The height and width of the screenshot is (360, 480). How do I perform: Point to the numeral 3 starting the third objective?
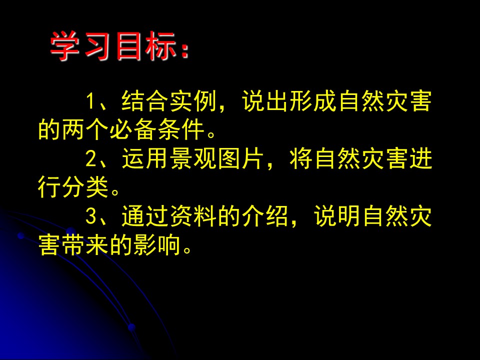(x=90, y=216)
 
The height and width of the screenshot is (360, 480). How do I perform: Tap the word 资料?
(x=193, y=216)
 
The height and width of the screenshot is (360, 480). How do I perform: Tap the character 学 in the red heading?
(x=65, y=48)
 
